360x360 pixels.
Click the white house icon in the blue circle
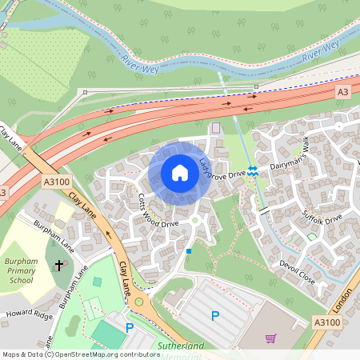point(180,173)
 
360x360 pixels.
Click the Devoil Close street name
point(298,270)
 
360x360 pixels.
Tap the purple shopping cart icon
point(270,338)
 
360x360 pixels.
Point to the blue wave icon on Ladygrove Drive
point(253,170)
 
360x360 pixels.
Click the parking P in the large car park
point(214,316)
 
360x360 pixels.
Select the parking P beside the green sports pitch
point(130,327)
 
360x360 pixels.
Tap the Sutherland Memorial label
point(182,346)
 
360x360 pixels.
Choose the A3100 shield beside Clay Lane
point(53,183)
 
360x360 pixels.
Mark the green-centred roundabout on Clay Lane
point(139,302)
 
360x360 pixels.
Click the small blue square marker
point(189,251)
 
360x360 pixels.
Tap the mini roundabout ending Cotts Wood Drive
point(194,220)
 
